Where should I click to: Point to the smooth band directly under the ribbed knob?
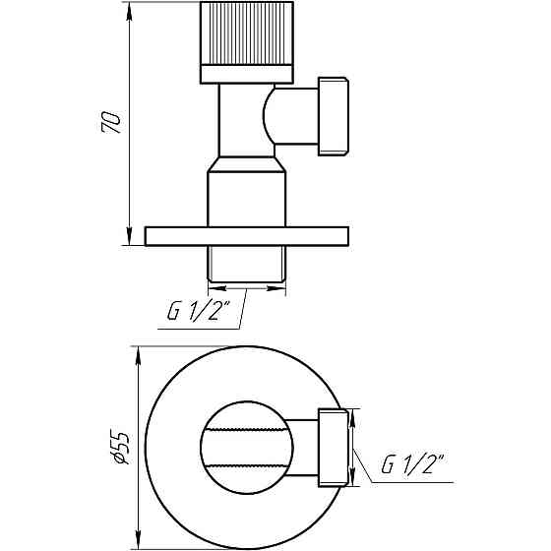247,73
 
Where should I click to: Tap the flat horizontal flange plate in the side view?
247,236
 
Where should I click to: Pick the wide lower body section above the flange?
247,197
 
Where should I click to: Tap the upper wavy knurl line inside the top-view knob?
247,429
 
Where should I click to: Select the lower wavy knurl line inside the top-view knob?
247,464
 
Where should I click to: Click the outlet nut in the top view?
333,447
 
